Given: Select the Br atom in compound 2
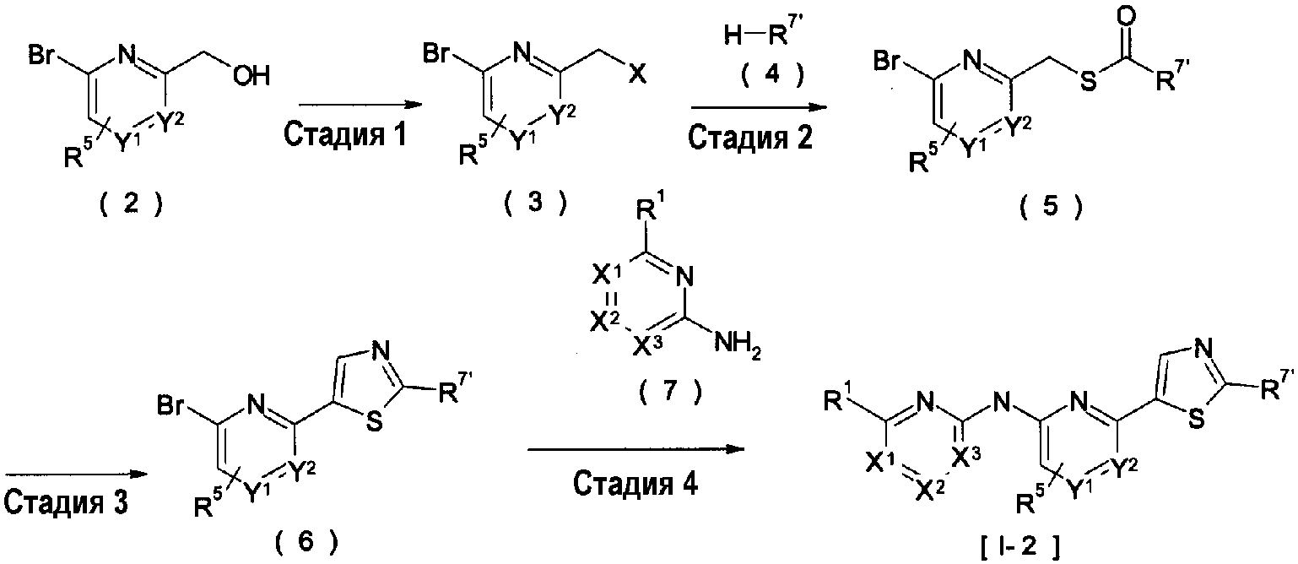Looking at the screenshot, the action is [x=42, y=57].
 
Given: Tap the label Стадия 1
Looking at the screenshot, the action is [x=345, y=134].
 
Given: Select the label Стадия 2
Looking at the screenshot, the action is [x=750, y=138].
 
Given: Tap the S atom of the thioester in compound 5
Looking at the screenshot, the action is [x=1089, y=81].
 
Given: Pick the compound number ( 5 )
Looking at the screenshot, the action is [x=1051, y=207].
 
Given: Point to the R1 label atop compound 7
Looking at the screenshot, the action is [x=652, y=209].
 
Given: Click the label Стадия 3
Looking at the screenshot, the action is [x=66, y=503].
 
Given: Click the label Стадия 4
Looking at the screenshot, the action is [x=635, y=484].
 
